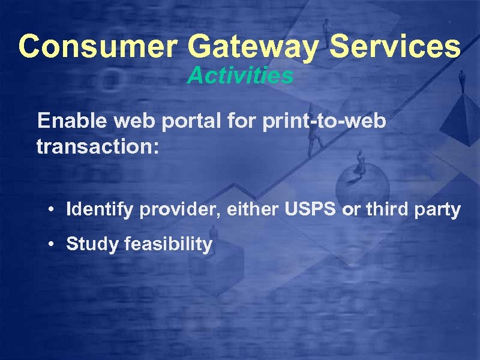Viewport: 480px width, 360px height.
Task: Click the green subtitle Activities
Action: (240, 76)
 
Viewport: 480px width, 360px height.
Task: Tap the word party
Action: (438, 210)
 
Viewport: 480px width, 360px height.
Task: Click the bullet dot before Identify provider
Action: (53, 211)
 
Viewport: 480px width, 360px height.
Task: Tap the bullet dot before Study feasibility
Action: (53, 245)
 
